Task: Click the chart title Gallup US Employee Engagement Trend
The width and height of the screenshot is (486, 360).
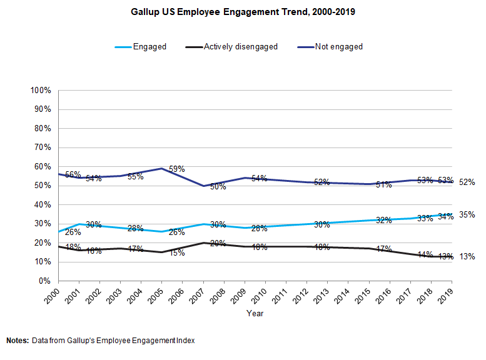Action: (243, 12)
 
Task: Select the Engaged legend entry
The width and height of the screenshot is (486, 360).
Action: (149, 46)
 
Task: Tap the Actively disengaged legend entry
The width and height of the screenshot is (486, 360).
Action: (241, 46)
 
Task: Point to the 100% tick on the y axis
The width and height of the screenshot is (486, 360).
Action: (41, 91)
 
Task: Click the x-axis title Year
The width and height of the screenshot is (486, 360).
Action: (255, 313)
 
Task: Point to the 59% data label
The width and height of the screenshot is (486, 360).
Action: (176, 169)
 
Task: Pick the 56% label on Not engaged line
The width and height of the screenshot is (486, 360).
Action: (74, 175)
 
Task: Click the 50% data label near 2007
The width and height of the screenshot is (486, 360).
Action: (218, 186)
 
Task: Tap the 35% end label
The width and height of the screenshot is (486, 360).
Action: (467, 214)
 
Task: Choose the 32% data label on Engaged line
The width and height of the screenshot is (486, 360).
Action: (384, 220)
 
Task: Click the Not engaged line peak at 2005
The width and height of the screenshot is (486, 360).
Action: (161, 168)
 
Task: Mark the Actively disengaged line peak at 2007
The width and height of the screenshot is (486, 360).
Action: (203, 242)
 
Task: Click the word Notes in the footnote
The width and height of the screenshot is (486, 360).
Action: (18, 341)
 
